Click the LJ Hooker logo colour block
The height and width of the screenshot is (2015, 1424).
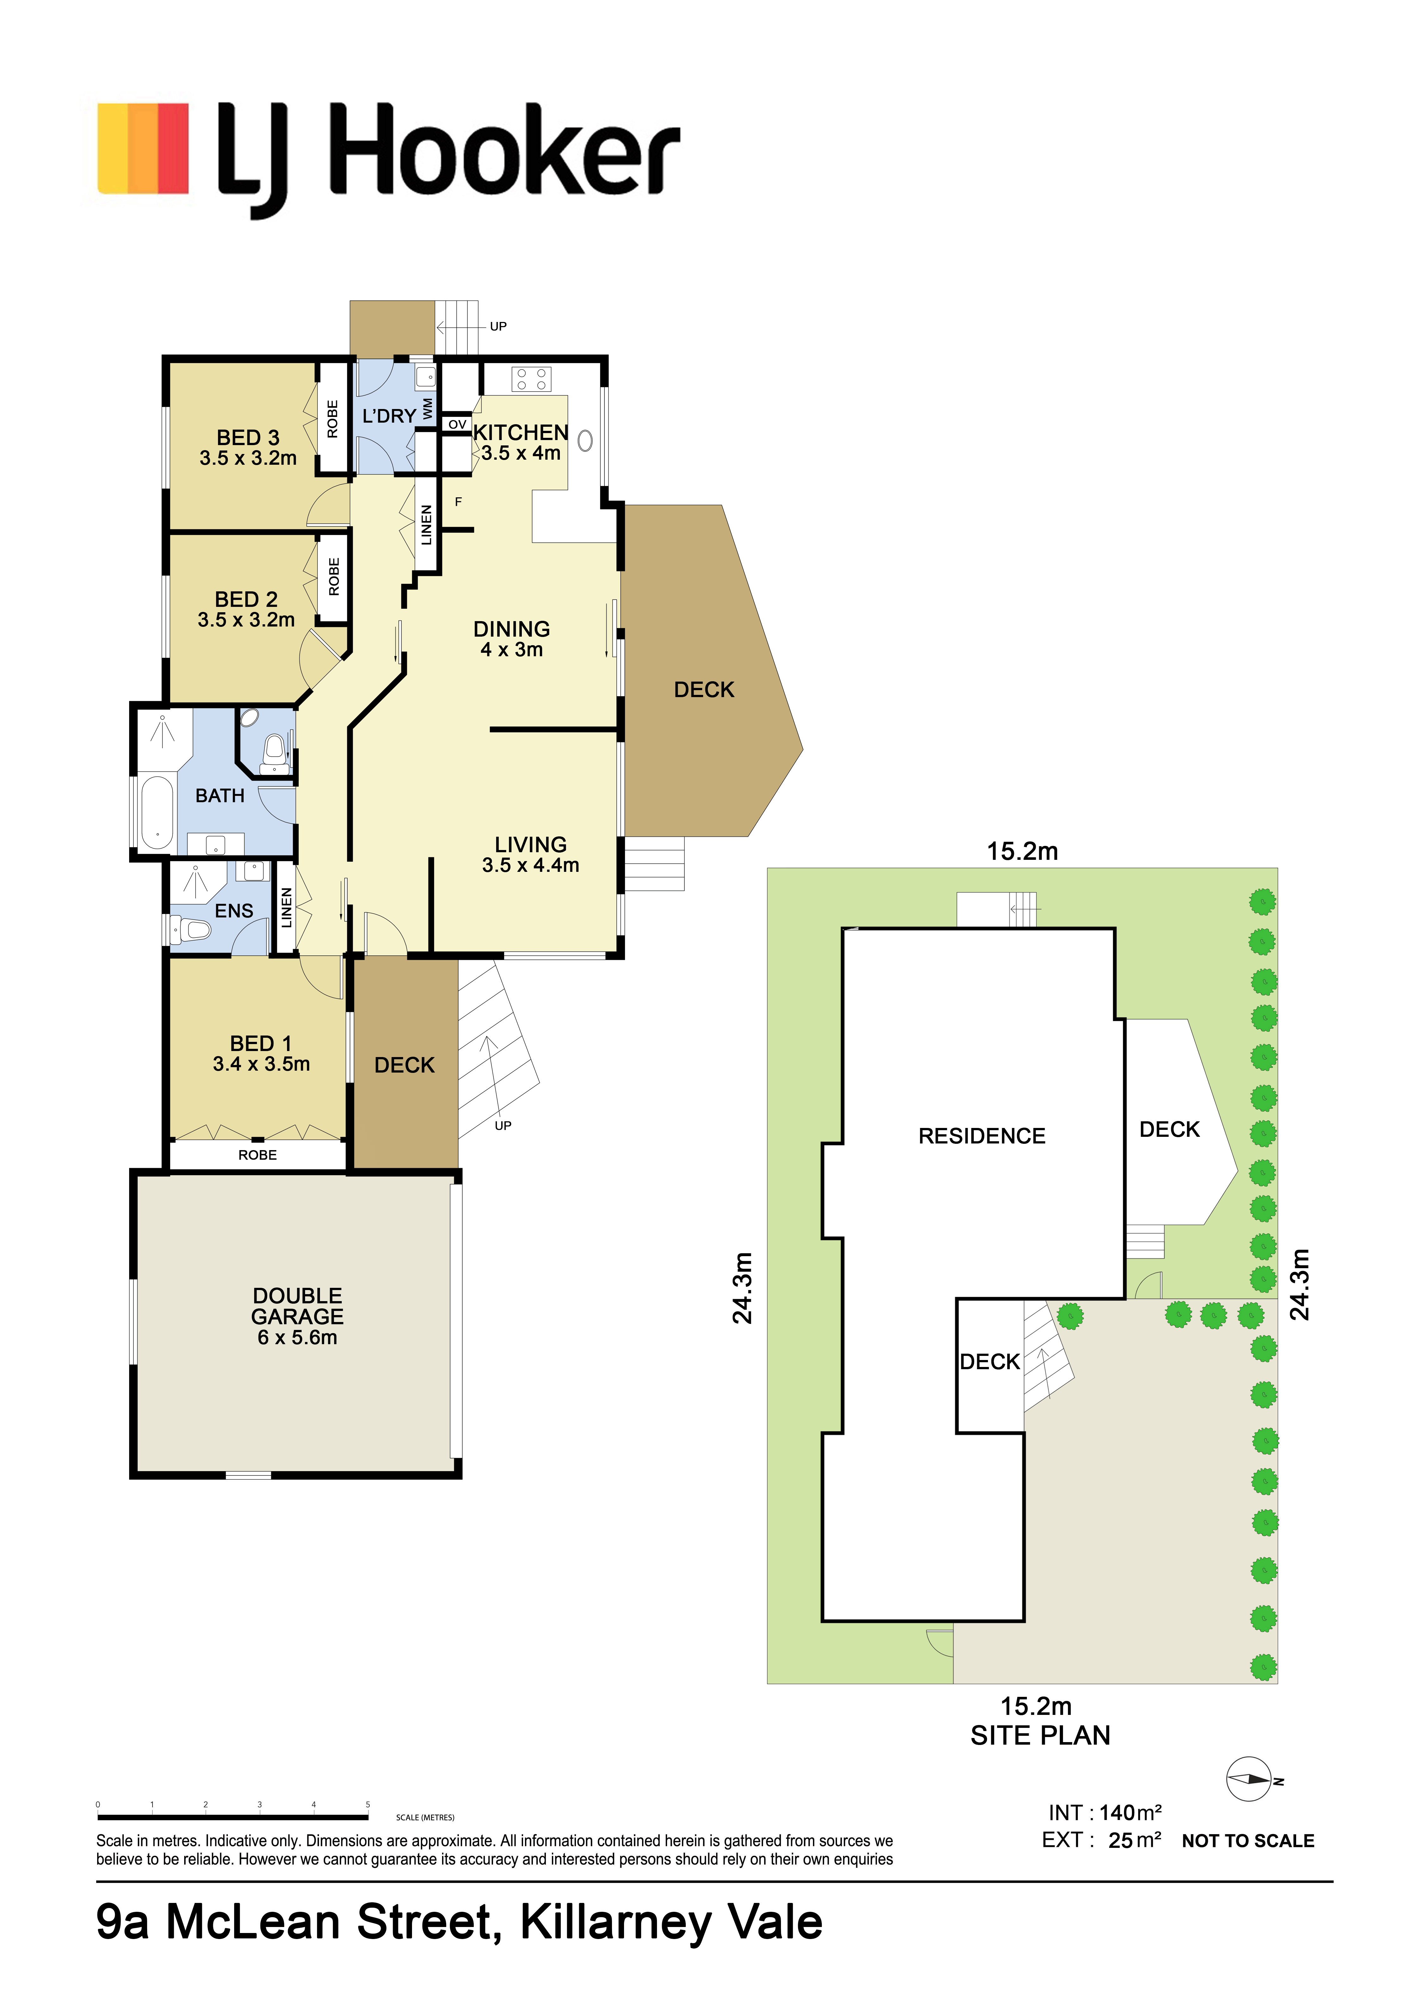[143, 148]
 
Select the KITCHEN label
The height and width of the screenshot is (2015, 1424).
[521, 433]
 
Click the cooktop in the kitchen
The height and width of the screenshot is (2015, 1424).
[531, 379]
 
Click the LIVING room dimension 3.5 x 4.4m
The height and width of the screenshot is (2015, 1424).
[531, 865]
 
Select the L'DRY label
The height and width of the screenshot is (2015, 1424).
[390, 416]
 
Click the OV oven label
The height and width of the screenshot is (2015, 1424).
[457, 425]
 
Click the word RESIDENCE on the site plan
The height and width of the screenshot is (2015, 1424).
[982, 1137]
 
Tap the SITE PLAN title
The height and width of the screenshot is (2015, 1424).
[1040, 1735]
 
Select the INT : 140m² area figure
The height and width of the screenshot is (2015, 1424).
[1105, 1812]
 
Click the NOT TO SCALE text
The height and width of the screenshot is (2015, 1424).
[1248, 1841]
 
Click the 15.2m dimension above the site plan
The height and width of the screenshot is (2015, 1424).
[1022, 851]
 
